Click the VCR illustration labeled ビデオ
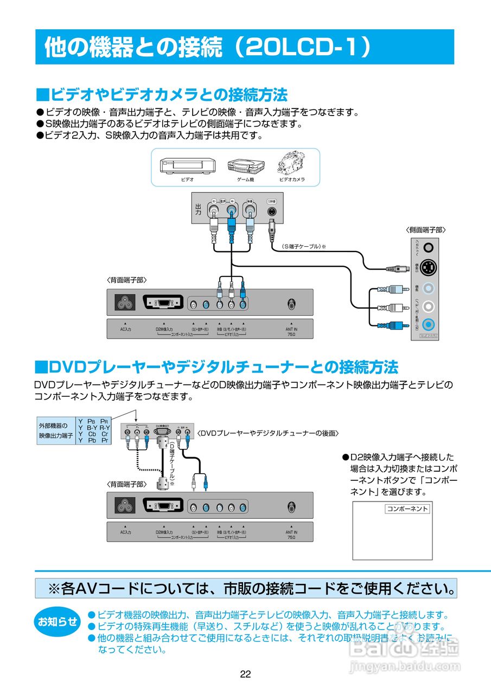187,165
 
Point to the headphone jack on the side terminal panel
429,247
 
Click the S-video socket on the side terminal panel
429,267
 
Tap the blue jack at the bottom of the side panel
429,324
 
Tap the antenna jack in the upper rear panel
292,304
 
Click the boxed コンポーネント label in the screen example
407,509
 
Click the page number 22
245,674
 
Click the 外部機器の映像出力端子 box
55,430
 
